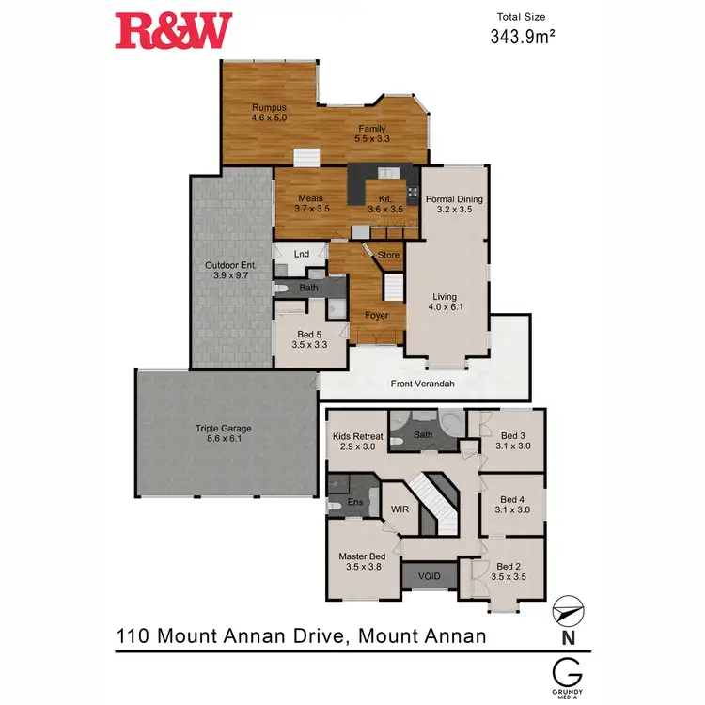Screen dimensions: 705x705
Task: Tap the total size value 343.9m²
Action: pos(520,37)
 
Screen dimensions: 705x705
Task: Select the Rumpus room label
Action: pos(268,108)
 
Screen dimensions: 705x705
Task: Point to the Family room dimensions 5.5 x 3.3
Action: pos(371,139)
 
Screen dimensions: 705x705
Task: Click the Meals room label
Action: pos(311,198)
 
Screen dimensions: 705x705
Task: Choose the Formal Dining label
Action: pos(454,199)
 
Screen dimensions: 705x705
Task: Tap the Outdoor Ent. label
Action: pos(230,265)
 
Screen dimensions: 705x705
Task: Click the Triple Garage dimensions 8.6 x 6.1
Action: pos(224,439)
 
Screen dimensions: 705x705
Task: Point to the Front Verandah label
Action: pos(423,384)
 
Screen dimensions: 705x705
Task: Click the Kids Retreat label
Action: pos(357,436)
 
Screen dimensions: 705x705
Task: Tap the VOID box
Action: pos(429,575)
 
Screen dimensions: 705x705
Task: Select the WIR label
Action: pos(400,509)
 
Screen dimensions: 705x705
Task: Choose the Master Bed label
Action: pos(363,556)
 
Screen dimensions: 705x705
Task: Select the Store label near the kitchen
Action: pos(388,255)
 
